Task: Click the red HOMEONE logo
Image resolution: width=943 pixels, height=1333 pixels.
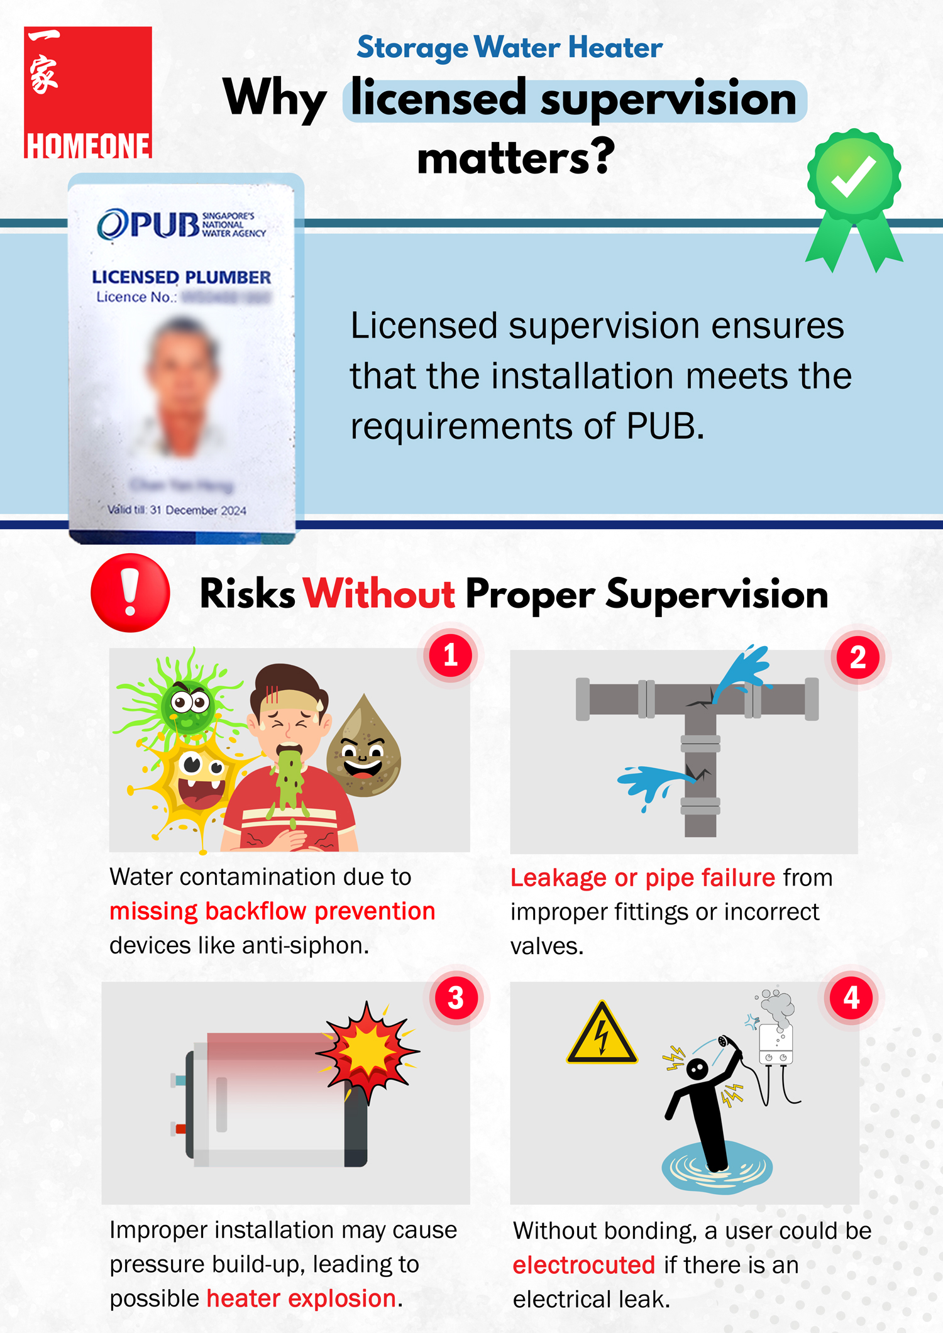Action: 88,92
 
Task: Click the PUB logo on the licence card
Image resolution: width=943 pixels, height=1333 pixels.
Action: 181,224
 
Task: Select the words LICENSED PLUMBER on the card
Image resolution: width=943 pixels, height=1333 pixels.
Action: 181,277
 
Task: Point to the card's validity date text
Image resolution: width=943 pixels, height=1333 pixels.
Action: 177,510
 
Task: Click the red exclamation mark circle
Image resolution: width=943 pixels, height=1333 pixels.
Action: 130,593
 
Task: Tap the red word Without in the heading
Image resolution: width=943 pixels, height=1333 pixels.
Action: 379,594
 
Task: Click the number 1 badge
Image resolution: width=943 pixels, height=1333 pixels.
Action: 450,656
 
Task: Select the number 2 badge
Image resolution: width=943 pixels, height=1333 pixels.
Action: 858,657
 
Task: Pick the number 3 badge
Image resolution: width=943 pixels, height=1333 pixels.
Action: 456,998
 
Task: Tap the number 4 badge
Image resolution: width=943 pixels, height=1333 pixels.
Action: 851,997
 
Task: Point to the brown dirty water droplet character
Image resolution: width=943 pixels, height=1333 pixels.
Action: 364,748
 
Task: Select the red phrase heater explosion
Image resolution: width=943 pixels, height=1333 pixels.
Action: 302,1298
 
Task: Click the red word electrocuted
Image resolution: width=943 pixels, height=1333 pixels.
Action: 584,1265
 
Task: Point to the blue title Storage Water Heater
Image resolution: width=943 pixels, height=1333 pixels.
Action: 509,48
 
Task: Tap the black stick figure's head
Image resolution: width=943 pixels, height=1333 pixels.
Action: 697,1068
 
